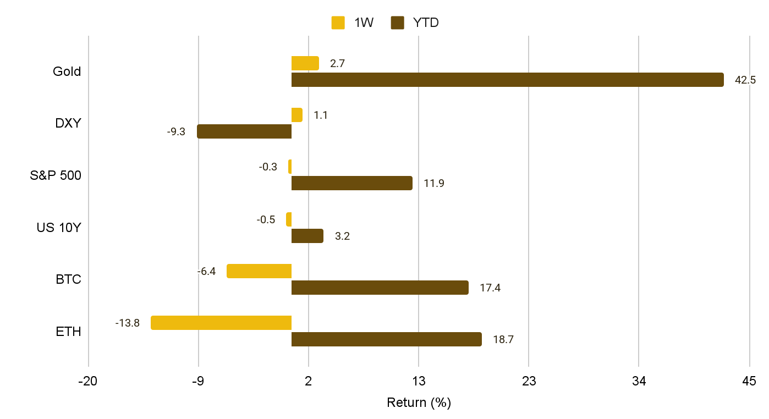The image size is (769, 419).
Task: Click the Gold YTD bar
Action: (x=507, y=80)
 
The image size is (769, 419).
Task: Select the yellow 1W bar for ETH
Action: (x=221, y=323)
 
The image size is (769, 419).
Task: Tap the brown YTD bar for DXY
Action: (x=244, y=131)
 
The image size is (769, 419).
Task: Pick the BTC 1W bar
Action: (x=259, y=271)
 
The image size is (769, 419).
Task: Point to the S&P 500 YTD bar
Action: (x=351, y=183)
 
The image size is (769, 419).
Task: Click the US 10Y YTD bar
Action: (x=307, y=236)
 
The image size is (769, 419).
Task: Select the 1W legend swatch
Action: (x=338, y=23)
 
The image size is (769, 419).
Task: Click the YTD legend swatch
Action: (x=397, y=23)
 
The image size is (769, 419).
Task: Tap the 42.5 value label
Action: (x=745, y=80)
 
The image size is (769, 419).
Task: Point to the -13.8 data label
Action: (x=128, y=323)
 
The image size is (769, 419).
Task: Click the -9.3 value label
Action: (x=176, y=132)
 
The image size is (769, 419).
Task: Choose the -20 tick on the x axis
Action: (x=88, y=381)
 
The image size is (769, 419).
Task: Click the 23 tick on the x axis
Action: (x=529, y=381)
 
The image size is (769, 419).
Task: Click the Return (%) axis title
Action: (x=419, y=403)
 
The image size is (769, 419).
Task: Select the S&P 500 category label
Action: (x=56, y=176)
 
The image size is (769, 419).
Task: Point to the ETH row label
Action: (x=68, y=332)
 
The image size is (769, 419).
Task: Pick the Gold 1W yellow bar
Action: (x=305, y=63)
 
